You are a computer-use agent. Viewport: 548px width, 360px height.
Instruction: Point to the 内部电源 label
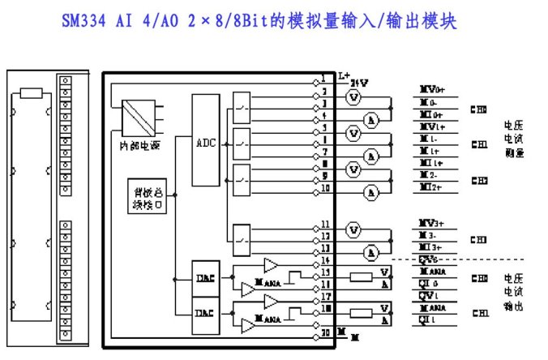pyautogui.click(x=130, y=146)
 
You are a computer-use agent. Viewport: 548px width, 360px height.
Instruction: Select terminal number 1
pyautogui.click(x=323, y=79)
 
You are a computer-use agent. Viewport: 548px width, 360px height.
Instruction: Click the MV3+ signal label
pyautogui.click(x=430, y=222)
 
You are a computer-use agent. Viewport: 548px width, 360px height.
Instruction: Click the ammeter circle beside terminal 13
pyautogui.click(x=370, y=252)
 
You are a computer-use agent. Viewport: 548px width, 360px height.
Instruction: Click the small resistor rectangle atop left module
pyautogui.click(x=32, y=93)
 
